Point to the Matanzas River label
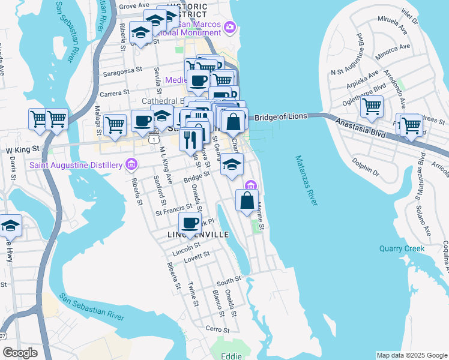(306, 181)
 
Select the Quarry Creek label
(402, 248)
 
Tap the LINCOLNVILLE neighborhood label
(199, 235)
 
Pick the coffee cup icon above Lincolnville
(190, 223)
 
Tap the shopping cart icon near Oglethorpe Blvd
(372, 107)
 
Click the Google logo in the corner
(20, 353)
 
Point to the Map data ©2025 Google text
(411, 355)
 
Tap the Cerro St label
(217, 329)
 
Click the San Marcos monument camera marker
(231, 27)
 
